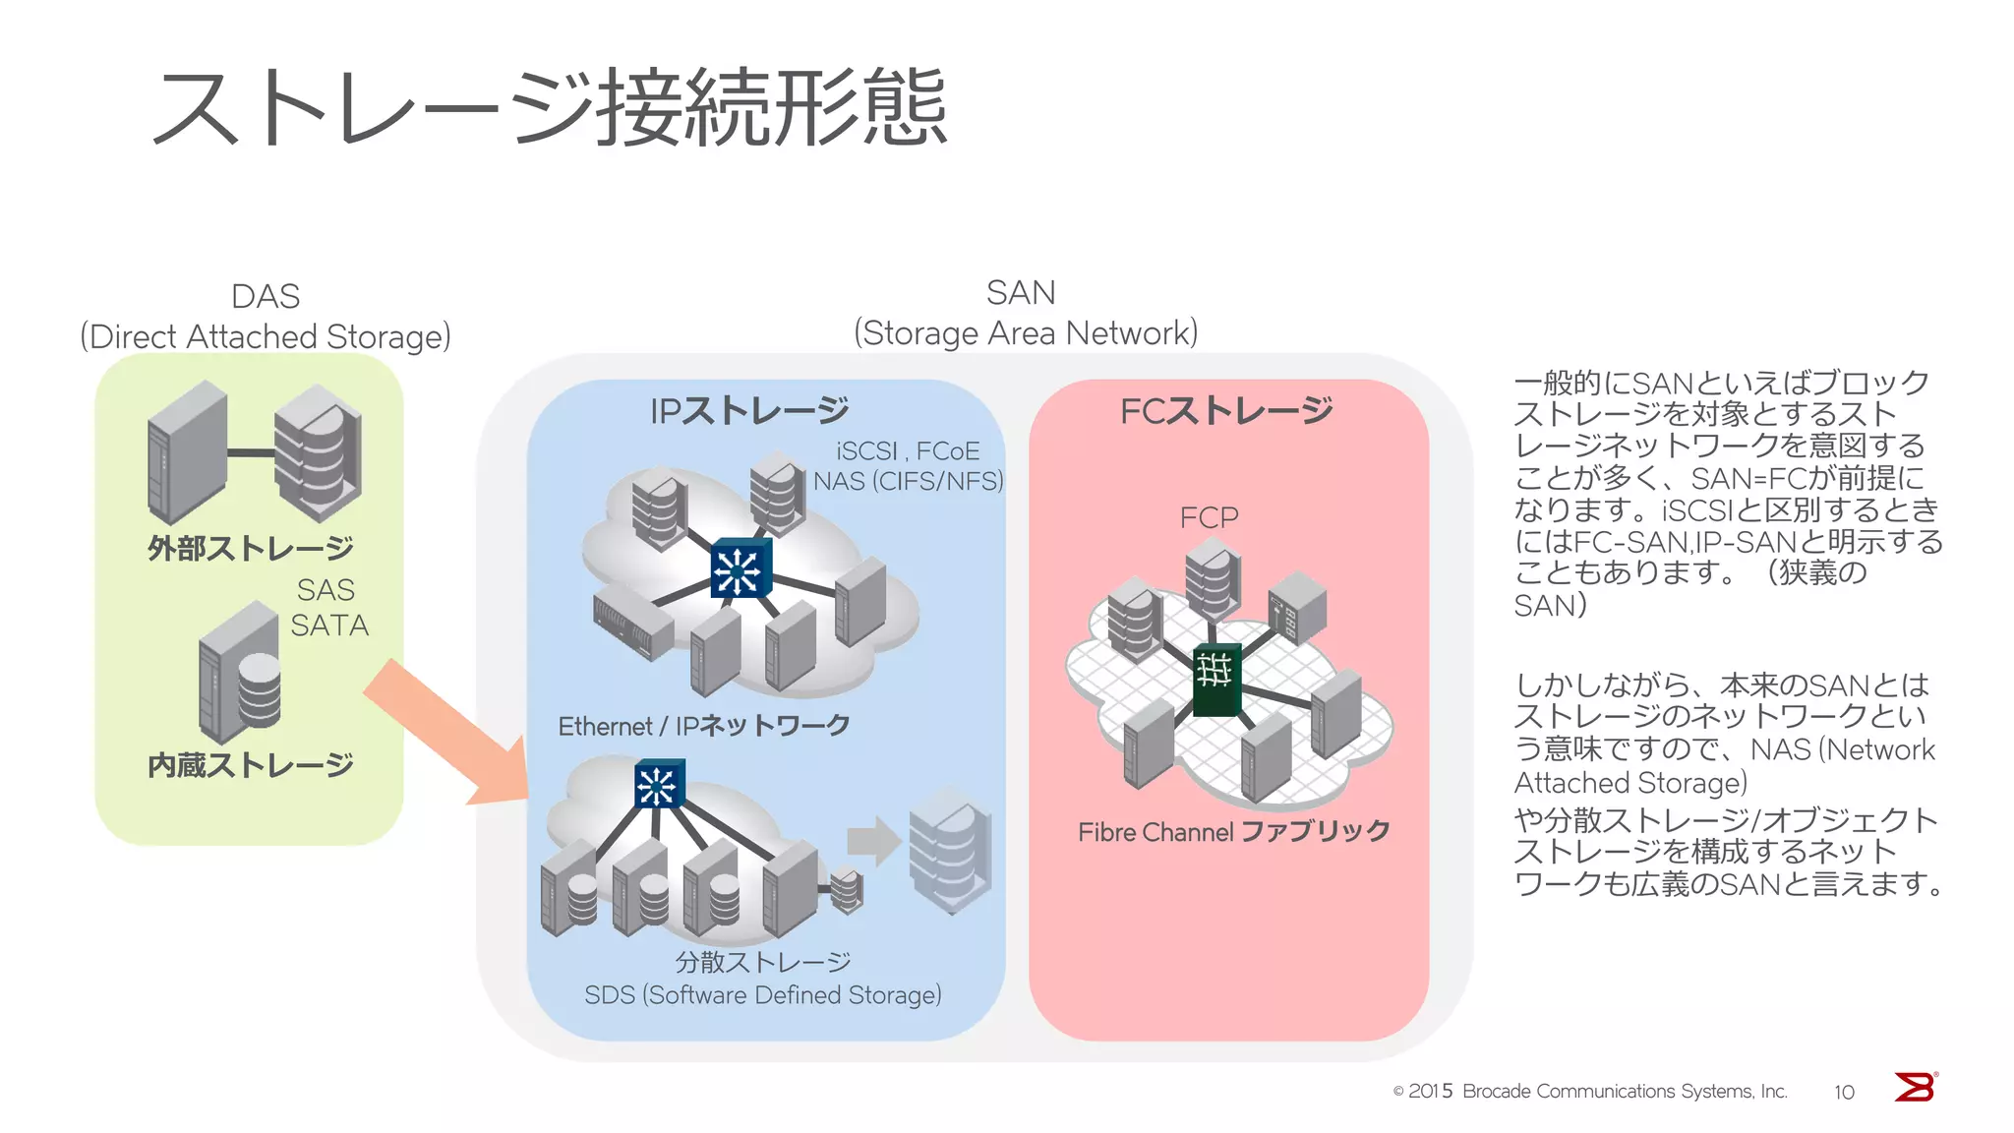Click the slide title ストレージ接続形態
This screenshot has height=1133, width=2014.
[551, 108]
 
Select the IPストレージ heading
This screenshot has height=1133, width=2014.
[749, 410]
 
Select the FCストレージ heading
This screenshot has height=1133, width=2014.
[1226, 410]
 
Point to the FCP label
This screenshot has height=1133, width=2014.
[1209, 517]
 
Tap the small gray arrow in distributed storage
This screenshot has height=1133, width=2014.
[873, 841]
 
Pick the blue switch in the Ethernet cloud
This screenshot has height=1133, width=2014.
[740, 568]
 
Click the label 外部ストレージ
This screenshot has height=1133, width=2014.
[251, 548]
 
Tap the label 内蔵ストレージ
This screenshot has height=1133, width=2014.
[251, 764]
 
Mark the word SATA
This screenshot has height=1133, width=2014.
[329, 626]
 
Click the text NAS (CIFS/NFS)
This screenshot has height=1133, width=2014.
[908, 481]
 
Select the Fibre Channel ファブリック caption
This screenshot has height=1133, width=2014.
[1233, 832]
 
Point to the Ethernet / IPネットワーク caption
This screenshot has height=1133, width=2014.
[704, 726]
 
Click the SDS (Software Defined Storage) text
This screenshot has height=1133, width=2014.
[762, 995]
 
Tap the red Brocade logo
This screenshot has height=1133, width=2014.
[1915, 1087]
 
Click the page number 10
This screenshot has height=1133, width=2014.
[1844, 1092]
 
